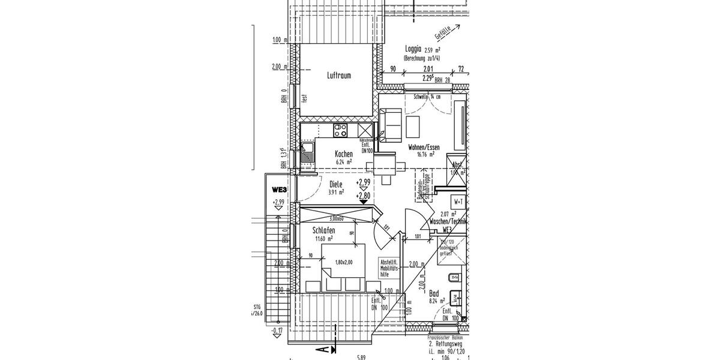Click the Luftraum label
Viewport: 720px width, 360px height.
339,76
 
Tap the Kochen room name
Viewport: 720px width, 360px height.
344,154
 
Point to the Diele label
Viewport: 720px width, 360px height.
336,185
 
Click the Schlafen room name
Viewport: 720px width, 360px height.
324,230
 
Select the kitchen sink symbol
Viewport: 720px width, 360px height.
307,154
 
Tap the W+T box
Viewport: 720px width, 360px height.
459,201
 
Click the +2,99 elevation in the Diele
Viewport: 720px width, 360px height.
363,182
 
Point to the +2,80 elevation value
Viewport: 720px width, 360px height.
363,196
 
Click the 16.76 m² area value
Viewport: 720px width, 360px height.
425,154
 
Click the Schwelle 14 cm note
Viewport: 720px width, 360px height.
427,97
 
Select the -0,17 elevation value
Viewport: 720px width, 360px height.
277,330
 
